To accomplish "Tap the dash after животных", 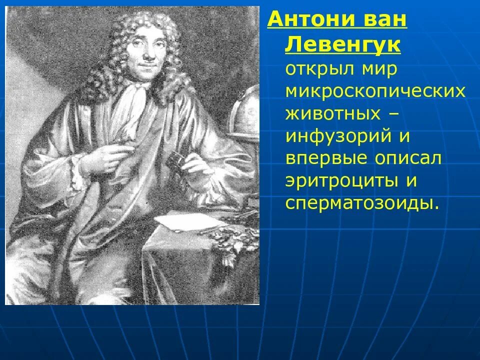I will (x=393, y=113).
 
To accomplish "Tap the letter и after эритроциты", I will (x=411, y=180).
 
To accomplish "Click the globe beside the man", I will (x=247, y=112).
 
